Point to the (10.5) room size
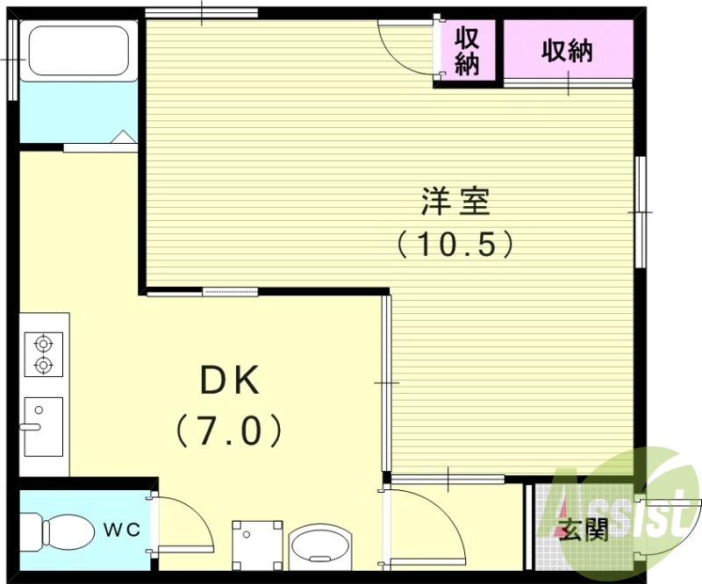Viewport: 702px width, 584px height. [x=455, y=243]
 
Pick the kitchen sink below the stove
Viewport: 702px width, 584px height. [x=42, y=426]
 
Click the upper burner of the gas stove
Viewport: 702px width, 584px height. [x=42, y=342]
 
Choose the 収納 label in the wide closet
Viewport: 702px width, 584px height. [x=566, y=51]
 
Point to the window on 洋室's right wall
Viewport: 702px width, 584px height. [x=641, y=211]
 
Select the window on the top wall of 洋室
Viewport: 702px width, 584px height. [x=201, y=13]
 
